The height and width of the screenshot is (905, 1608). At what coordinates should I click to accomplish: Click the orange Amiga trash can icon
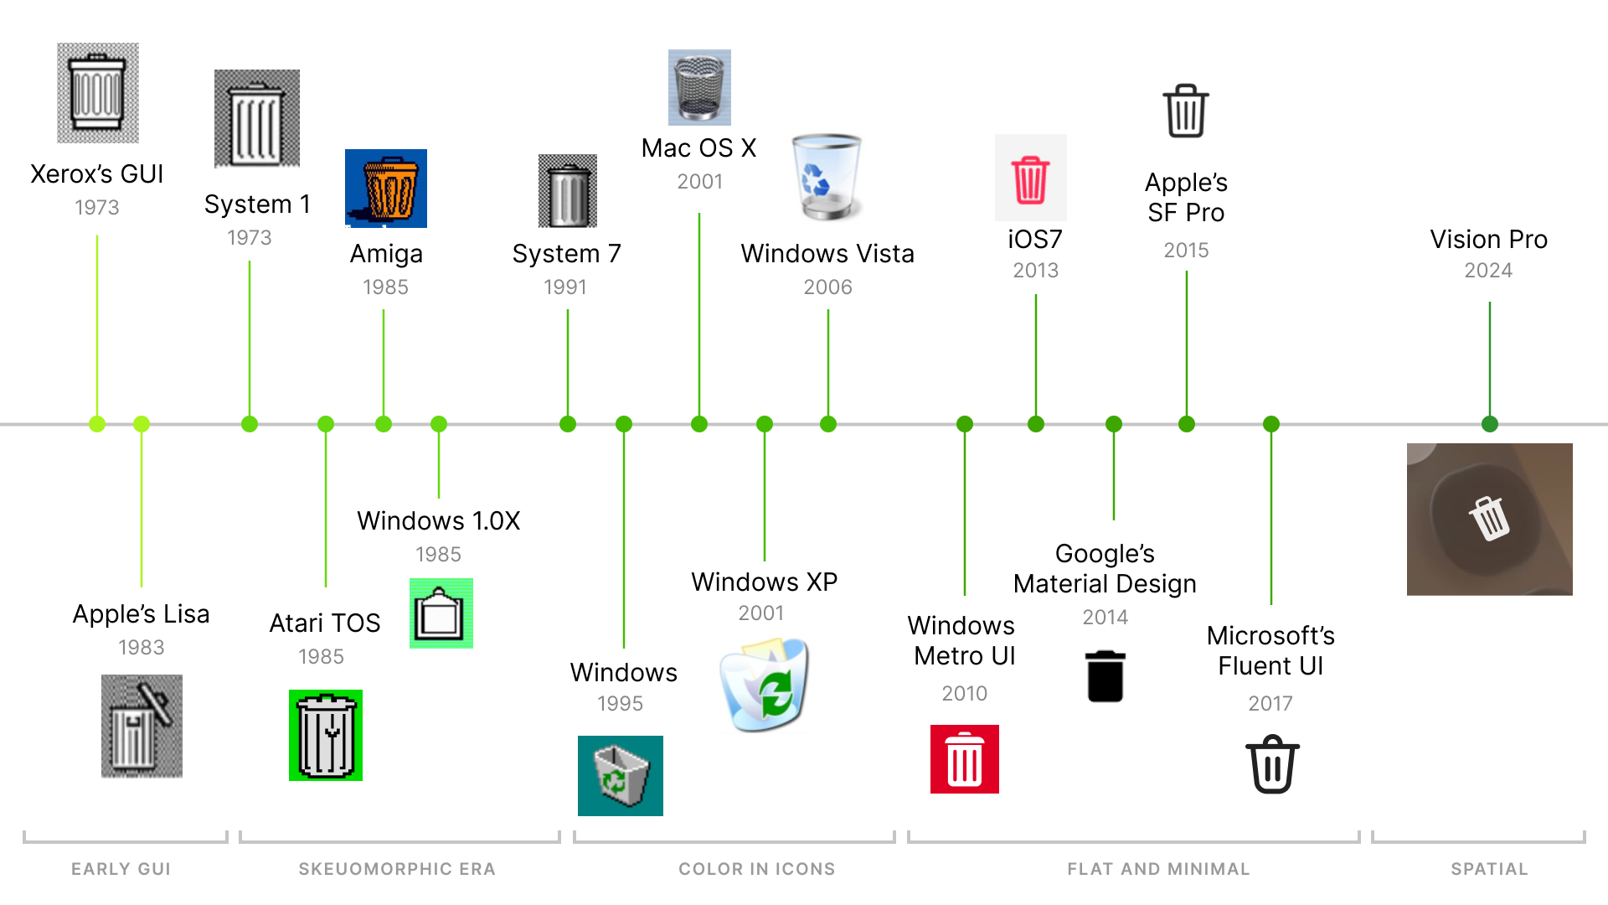(x=386, y=189)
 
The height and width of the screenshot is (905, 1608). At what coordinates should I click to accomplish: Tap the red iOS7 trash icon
(x=1030, y=178)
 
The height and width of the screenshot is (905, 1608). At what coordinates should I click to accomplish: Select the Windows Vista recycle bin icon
(x=827, y=177)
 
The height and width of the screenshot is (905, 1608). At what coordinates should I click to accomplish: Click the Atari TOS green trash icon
(x=326, y=735)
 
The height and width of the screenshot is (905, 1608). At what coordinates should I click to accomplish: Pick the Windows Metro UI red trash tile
(x=964, y=759)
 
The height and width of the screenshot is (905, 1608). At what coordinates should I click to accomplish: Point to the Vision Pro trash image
(x=1489, y=519)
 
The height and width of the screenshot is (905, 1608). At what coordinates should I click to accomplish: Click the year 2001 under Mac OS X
(x=699, y=182)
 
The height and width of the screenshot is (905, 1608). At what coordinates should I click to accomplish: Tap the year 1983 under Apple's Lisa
(x=141, y=648)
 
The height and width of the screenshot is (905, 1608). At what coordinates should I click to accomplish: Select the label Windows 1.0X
(x=438, y=520)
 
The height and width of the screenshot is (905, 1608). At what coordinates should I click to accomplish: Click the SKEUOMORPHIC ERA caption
(x=397, y=869)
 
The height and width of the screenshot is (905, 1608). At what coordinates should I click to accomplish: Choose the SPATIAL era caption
(x=1489, y=869)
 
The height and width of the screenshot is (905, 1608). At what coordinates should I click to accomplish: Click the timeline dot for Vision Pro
(x=1489, y=424)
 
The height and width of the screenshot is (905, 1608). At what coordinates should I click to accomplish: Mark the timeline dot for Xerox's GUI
(x=97, y=424)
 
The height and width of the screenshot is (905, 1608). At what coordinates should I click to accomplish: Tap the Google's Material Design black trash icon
(x=1105, y=676)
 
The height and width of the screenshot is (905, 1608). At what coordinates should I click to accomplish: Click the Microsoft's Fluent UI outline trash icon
(x=1272, y=763)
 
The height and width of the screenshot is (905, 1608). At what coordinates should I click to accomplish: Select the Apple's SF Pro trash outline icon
(x=1186, y=111)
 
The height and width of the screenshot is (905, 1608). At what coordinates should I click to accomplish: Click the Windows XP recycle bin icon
(x=765, y=685)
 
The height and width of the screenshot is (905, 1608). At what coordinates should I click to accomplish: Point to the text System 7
(x=566, y=254)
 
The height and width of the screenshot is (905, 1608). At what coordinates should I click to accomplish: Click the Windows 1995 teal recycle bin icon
(x=620, y=776)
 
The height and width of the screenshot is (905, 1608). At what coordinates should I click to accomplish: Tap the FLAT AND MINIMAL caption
(x=1158, y=869)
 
